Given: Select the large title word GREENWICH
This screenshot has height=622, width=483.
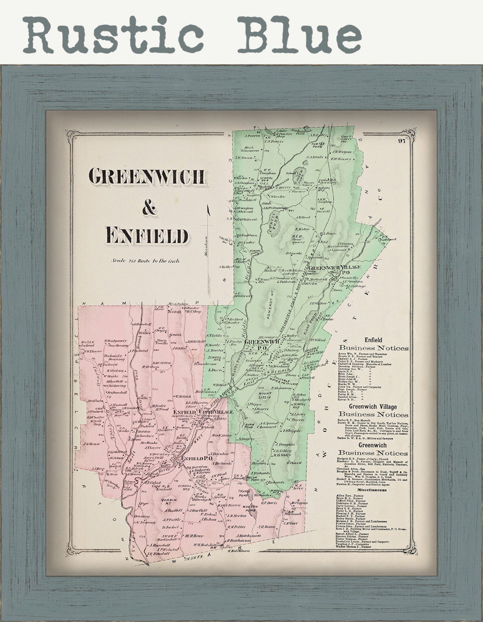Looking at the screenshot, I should [147, 176].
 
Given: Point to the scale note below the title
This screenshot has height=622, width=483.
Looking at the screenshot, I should [145, 260].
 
